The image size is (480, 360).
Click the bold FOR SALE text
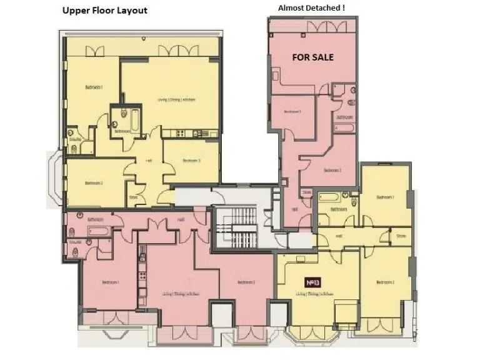tap(313, 57)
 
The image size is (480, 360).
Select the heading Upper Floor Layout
tap(104, 11)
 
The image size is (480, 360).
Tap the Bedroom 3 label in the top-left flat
tap(191, 161)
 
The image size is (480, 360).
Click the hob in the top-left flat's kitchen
tap(181, 132)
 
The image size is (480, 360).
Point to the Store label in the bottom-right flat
tap(400, 236)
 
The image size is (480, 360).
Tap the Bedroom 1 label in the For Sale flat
tap(292, 111)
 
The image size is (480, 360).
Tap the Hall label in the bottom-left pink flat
tap(181, 220)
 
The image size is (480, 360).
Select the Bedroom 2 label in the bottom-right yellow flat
tap(384, 282)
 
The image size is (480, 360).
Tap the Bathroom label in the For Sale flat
tap(344, 117)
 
